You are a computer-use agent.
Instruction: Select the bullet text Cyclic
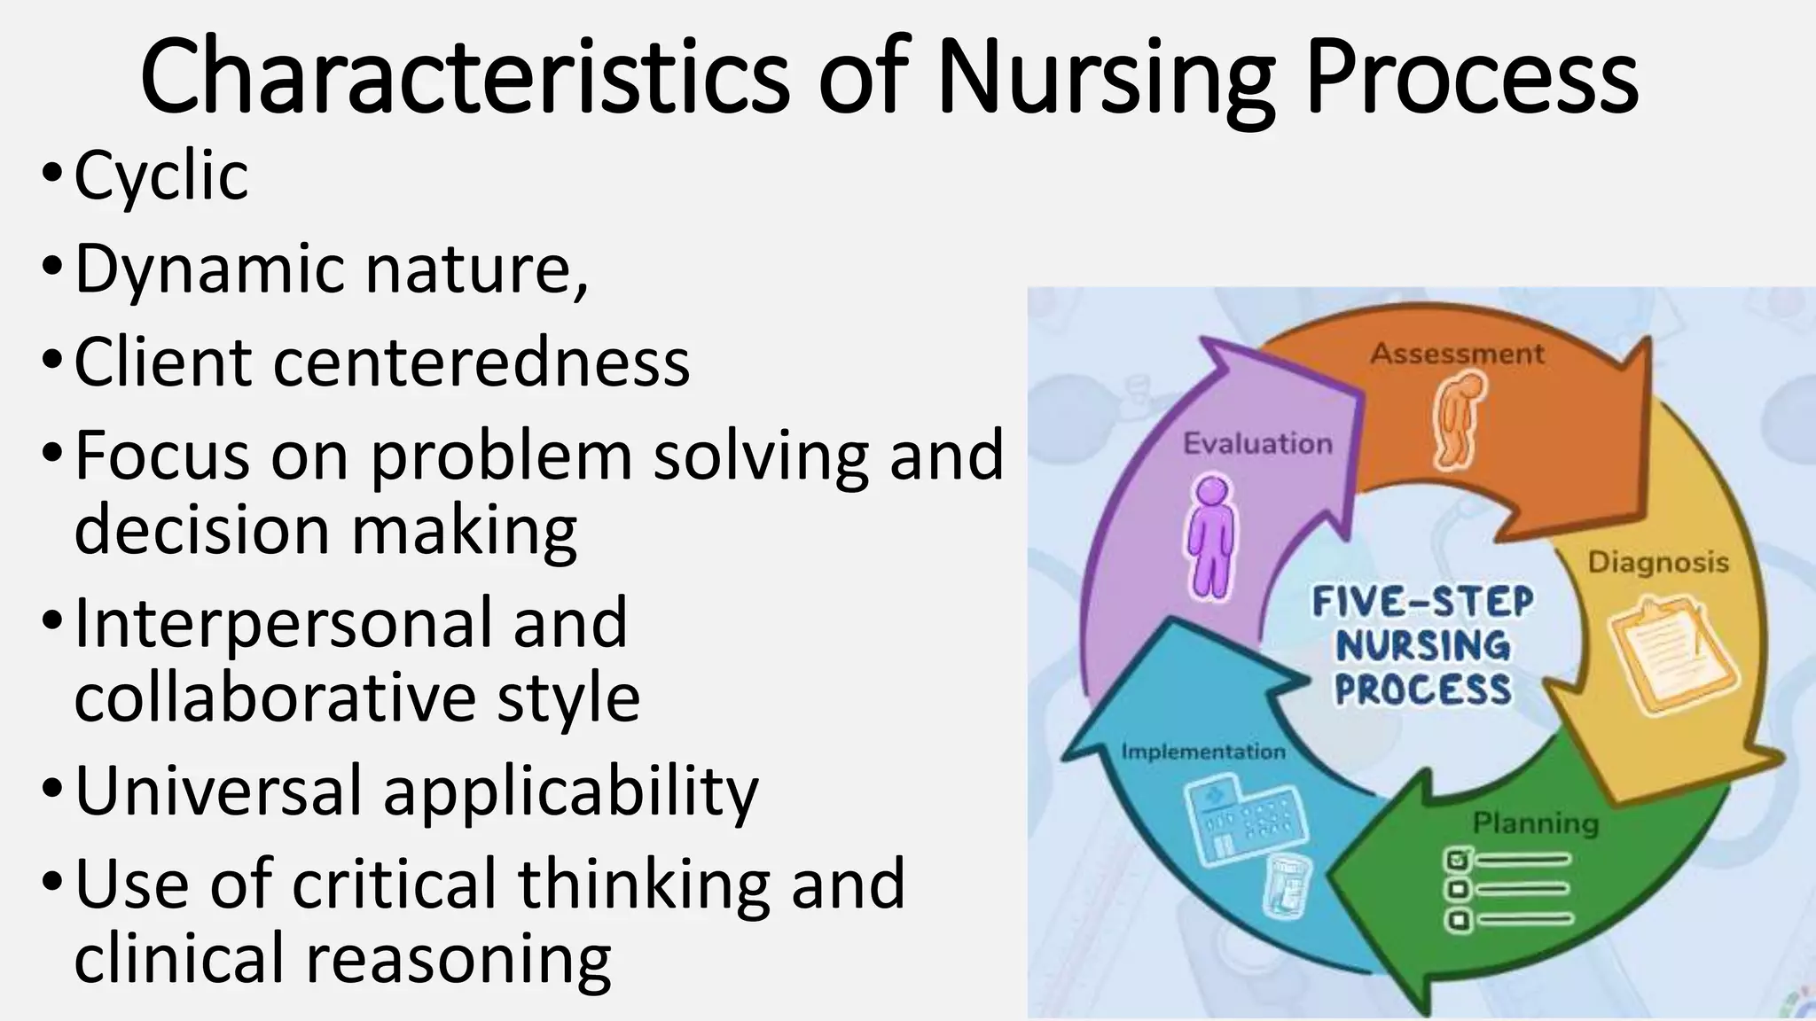tap(160, 175)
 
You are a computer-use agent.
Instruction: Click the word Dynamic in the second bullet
tap(209, 269)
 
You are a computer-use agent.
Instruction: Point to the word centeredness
tap(481, 362)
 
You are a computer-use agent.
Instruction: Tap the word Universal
tap(219, 791)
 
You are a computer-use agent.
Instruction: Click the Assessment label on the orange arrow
tap(1457, 354)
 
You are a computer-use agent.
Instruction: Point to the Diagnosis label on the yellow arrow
tap(1657, 562)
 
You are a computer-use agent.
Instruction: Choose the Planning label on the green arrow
tap(1536, 823)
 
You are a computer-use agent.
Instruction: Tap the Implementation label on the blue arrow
tap(1202, 752)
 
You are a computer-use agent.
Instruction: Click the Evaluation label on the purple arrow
tap(1257, 443)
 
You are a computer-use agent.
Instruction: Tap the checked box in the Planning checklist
tap(1458, 860)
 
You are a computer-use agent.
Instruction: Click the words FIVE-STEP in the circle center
tap(1422, 603)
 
